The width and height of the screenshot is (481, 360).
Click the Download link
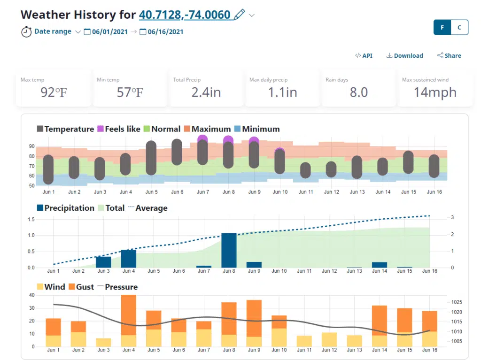point(404,55)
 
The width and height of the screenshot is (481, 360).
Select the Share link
point(449,55)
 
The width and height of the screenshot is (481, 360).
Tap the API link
point(364,55)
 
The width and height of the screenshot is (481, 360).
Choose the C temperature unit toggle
point(459,27)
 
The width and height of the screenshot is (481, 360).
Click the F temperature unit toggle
point(442,27)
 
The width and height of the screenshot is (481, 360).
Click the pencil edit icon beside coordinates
point(239,15)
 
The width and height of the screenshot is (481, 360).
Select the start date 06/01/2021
point(106,32)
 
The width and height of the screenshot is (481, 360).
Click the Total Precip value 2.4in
point(206,92)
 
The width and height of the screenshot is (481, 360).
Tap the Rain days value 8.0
point(358,92)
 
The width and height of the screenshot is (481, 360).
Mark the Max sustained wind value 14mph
point(435,92)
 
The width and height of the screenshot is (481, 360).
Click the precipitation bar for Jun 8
point(229,250)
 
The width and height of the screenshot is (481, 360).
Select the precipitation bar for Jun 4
point(129,259)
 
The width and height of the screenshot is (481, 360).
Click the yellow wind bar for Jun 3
point(103,342)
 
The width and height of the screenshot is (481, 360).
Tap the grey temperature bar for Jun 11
point(305,170)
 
